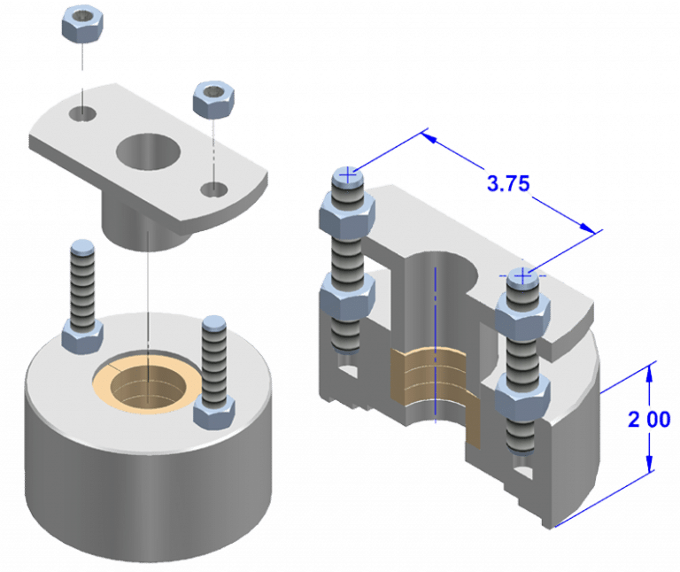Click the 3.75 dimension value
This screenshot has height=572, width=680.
[x=507, y=183]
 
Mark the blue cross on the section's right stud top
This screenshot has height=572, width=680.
[x=523, y=277]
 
